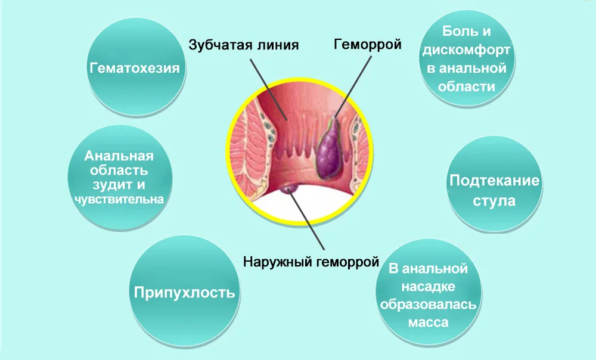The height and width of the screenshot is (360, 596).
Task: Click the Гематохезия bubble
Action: coord(135,68)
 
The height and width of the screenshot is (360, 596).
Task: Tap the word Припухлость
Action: coord(184,292)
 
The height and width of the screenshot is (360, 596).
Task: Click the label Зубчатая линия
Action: coord(243,45)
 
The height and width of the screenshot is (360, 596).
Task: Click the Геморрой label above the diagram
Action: coord(367,44)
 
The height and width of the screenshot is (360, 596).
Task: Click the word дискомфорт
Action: coord(467,49)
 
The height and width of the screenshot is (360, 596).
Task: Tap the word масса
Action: coord(428,322)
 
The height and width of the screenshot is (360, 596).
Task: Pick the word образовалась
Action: coord(428,305)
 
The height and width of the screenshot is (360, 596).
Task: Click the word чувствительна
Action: coord(119,198)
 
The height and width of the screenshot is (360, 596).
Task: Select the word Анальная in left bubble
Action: coord(119,156)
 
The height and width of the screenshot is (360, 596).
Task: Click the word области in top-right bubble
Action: coord(467,86)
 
